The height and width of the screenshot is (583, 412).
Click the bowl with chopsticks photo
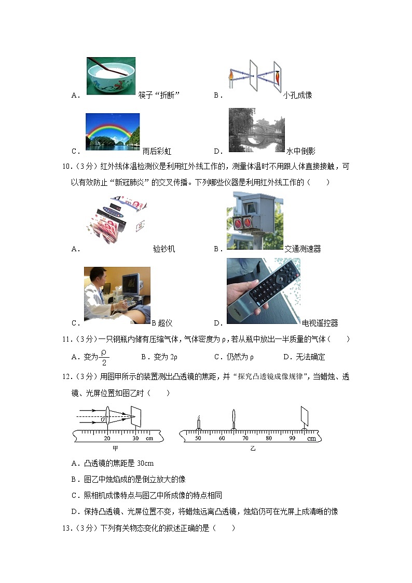[x=111, y=76]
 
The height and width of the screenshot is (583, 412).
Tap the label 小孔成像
[x=298, y=96]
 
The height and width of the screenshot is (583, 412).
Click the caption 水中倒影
[x=300, y=152]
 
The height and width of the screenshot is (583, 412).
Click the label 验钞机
[x=164, y=249]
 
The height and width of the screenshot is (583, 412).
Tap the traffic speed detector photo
[x=255, y=221]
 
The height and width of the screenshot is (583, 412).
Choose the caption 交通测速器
[x=303, y=249]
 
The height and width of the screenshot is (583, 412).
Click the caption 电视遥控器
[x=320, y=323]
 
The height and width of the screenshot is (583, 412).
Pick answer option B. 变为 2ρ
[x=159, y=357]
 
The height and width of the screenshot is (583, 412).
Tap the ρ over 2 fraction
[x=104, y=357]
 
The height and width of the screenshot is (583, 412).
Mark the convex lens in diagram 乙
[x=234, y=419]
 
